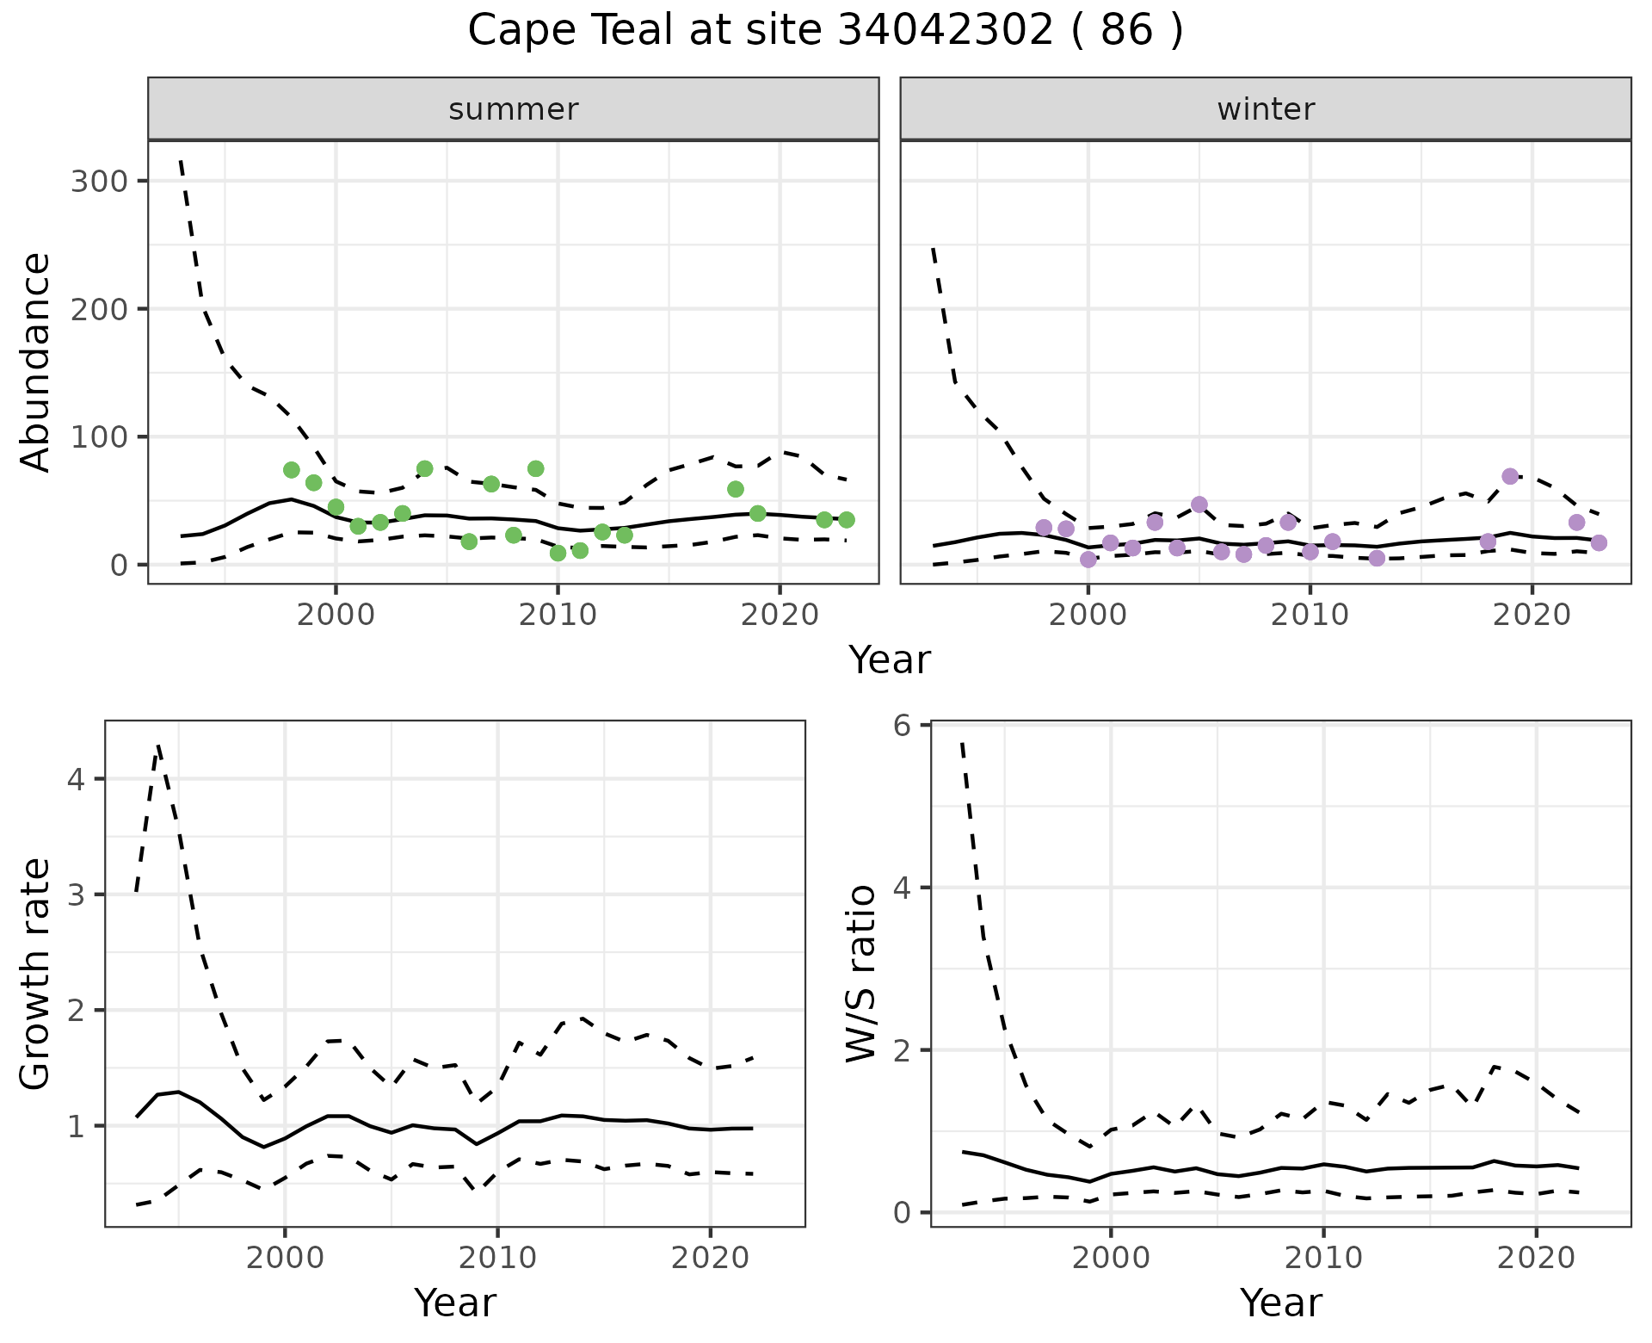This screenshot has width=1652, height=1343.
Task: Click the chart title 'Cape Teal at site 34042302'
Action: [825, 31]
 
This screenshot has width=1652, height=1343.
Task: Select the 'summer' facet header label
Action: [514, 109]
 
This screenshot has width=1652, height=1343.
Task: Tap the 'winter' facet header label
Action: [1266, 109]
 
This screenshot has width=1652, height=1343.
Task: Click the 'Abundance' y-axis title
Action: [36, 362]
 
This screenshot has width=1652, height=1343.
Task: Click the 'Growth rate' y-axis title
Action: [36, 975]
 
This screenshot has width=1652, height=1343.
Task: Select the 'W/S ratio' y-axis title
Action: [861, 973]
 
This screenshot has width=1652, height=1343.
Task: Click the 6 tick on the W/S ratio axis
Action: [901, 725]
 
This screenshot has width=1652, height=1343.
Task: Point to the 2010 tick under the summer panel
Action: [558, 615]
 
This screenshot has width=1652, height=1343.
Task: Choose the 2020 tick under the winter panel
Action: [1532, 615]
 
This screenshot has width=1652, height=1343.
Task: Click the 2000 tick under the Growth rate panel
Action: [285, 1258]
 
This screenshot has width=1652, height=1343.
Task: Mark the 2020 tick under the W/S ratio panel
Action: [1536, 1258]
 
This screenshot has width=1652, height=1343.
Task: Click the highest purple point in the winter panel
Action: [1510, 476]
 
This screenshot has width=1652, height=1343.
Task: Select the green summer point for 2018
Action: [736, 489]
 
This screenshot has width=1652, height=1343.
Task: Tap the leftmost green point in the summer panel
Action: [292, 469]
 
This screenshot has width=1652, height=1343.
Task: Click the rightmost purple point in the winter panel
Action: [1599, 542]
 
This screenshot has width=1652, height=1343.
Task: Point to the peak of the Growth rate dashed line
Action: [158, 746]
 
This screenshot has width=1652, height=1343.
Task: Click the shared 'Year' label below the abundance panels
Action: [890, 660]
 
